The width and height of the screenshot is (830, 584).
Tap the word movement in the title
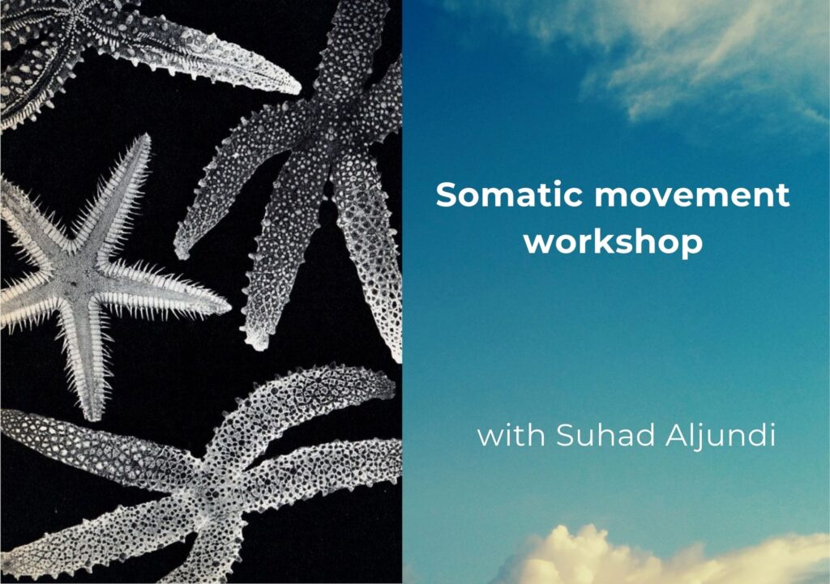[692, 195]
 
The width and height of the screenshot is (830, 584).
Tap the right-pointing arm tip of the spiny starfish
[229, 307]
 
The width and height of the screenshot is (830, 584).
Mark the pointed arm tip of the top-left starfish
[298, 89]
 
